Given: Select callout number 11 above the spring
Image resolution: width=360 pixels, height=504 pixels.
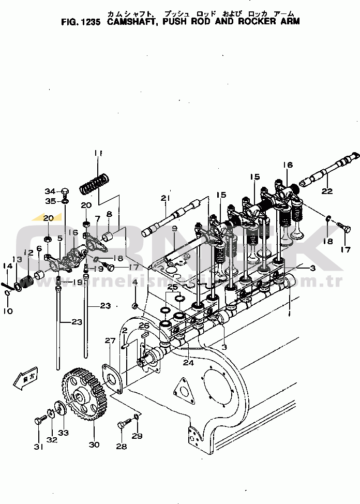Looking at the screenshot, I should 98,153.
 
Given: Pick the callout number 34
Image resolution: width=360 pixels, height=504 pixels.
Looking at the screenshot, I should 49,191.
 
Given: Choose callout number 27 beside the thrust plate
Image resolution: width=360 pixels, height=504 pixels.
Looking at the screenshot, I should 110,340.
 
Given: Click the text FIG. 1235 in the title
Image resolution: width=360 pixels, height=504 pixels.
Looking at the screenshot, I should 82,22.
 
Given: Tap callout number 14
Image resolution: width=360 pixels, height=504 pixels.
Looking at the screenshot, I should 7,266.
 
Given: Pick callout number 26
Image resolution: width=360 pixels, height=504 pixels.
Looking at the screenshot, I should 144,325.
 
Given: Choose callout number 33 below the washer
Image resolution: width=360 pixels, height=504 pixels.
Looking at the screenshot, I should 63,432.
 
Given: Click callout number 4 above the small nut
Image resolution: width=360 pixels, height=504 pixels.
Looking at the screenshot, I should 135,282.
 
